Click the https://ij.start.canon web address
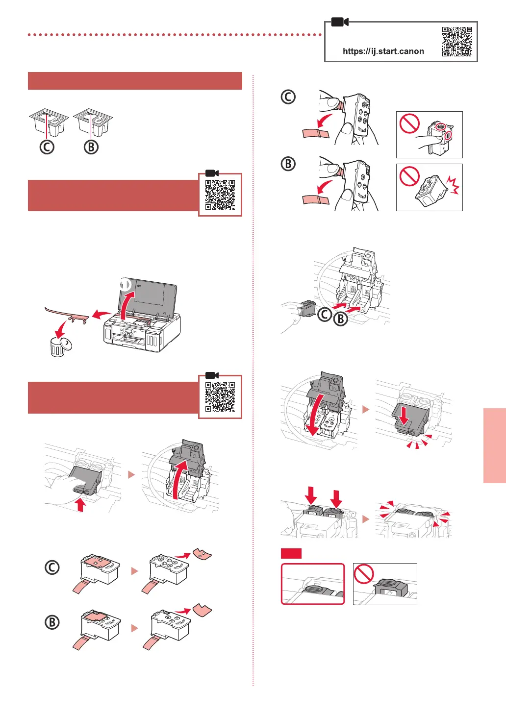coord(383,51)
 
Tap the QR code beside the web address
coord(457,41)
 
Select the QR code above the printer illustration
coord(220,195)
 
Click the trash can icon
coord(58,347)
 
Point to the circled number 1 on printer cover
coord(126,284)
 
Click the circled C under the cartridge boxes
coord(47,147)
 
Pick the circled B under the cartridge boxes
coord(91,147)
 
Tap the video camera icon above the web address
coord(339,22)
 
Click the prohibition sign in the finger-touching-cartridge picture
coord(409,123)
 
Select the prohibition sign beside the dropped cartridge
coord(409,176)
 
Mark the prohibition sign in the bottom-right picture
coord(364,573)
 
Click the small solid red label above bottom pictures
coord(291,554)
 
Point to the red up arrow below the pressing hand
coord(81,505)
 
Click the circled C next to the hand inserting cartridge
coord(325,314)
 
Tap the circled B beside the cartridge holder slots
coord(340,319)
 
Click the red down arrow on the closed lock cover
coord(404,417)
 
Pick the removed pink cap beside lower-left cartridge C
coord(202,555)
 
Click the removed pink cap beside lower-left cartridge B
coord(202,610)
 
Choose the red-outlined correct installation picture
coord(313,584)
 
